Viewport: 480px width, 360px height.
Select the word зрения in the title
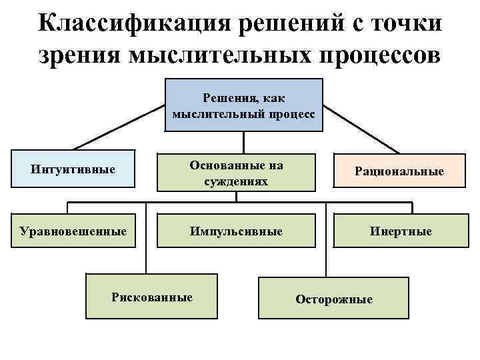(77, 55)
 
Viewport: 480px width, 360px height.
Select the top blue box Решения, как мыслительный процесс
(243, 105)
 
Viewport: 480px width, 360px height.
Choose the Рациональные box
(399, 172)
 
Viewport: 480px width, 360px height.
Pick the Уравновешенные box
(73, 231)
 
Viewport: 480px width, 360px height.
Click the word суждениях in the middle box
(236, 181)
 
